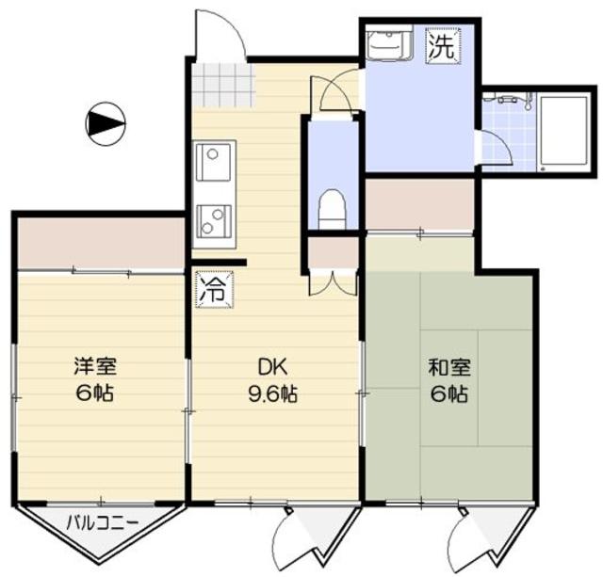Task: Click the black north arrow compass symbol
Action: [105, 121]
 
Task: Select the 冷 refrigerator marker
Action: [211, 288]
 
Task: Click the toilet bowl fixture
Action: [333, 208]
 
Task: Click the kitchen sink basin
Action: [212, 163]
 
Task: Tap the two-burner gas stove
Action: [213, 220]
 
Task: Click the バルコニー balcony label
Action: [103, 521]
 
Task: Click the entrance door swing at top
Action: [220, 35]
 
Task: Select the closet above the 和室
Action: [418, 203]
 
